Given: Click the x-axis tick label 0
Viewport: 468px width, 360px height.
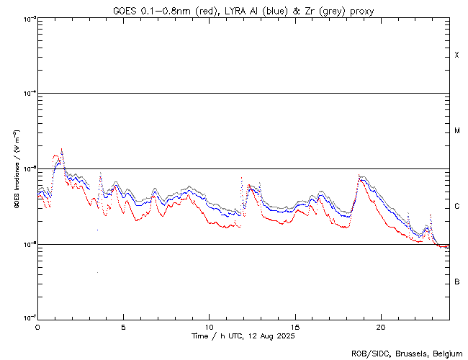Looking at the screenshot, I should pos(37,326).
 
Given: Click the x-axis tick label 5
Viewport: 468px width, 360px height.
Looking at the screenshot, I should pos(123,326).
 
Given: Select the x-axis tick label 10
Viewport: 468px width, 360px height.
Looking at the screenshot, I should pos(209,326).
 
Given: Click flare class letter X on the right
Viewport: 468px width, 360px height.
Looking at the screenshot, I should pos(457,55).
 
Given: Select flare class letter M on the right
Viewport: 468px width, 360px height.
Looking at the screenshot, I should pos(457,131).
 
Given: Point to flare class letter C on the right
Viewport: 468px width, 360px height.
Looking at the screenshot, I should pos(457,207).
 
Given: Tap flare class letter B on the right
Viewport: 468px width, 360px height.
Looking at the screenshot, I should pos(457,282).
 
